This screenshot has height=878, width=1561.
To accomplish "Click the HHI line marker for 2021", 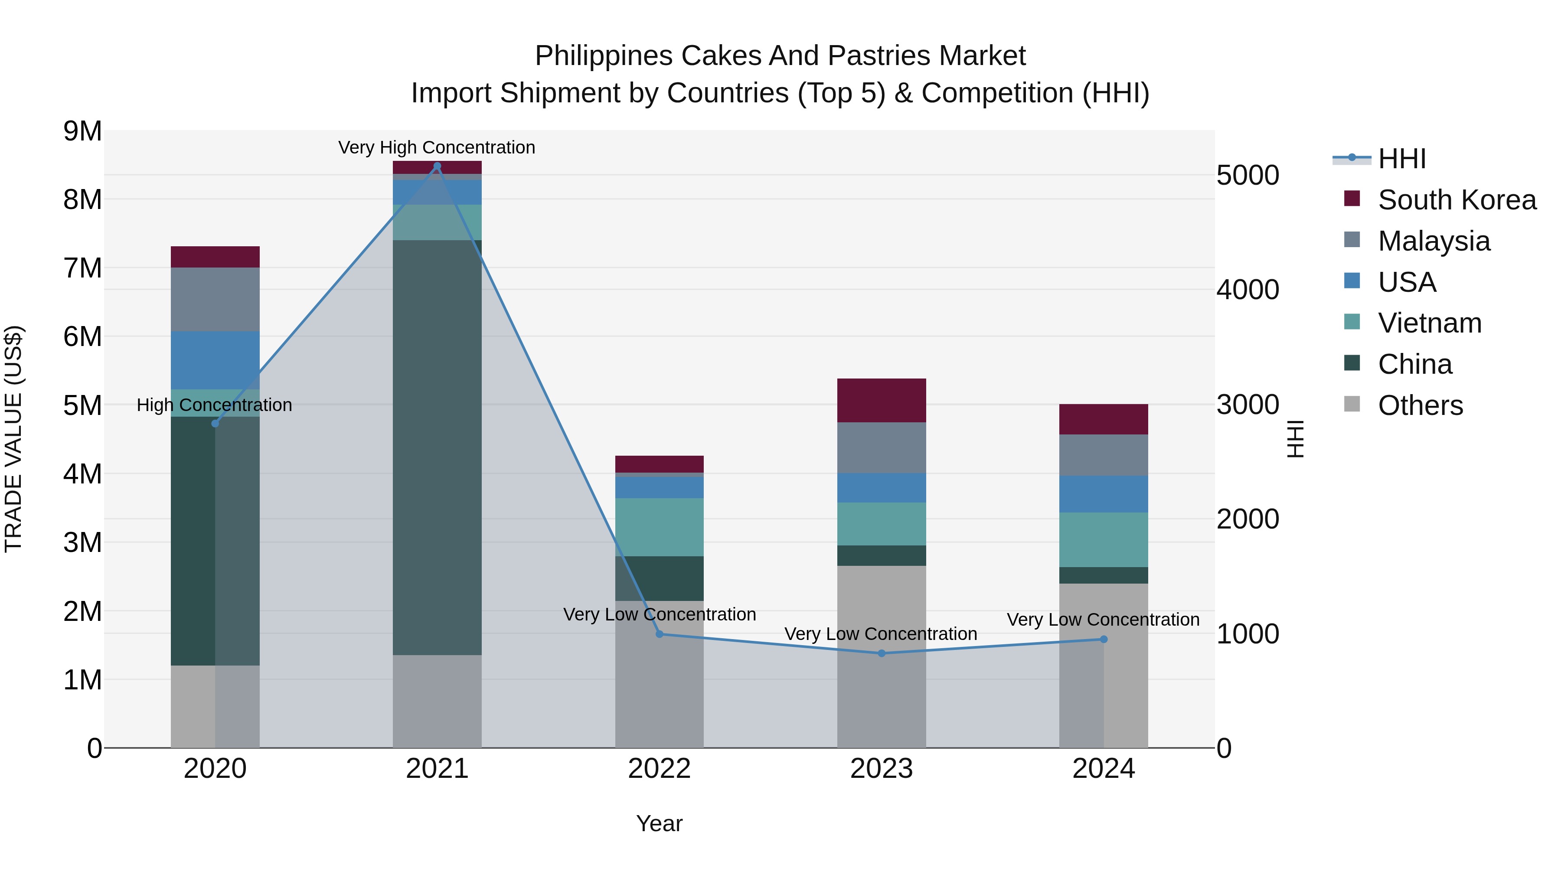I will [437, 166].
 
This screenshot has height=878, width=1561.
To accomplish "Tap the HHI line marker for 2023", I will [882, 653].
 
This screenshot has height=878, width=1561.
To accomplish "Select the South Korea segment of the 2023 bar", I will [882, 401].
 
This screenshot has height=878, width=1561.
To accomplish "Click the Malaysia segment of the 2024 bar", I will [1104, 455].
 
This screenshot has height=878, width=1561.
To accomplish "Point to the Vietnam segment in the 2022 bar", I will [659, 527].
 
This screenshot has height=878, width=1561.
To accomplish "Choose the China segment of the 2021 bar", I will [437, 447].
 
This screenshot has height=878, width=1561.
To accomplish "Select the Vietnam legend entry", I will [1430, 323].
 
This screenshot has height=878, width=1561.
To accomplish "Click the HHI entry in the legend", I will [1401, 159].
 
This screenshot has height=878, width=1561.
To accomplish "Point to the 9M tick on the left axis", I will [83, 131].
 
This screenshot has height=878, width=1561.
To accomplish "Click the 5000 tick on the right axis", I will [1247, 175].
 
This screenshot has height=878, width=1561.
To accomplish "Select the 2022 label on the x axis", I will [659, 769].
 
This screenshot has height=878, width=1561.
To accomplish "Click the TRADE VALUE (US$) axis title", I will [13, 439].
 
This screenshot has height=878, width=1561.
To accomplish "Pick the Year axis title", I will [659, 823].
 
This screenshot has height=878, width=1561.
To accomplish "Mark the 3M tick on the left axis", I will [83, 542].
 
